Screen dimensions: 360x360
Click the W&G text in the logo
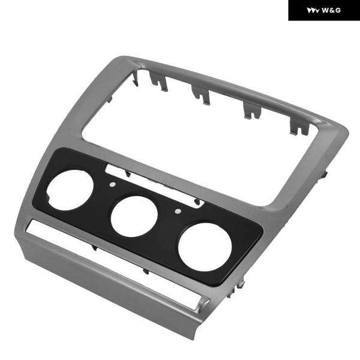coord(331,10)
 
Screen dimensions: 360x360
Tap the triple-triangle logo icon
coord(313,11)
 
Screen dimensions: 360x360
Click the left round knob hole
coord(70,190)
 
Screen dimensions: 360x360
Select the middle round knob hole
coord(134,216)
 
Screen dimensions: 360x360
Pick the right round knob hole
coord(205,247)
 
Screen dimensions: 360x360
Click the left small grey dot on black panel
coord(113,184)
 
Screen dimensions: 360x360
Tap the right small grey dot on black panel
coord(178,211)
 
